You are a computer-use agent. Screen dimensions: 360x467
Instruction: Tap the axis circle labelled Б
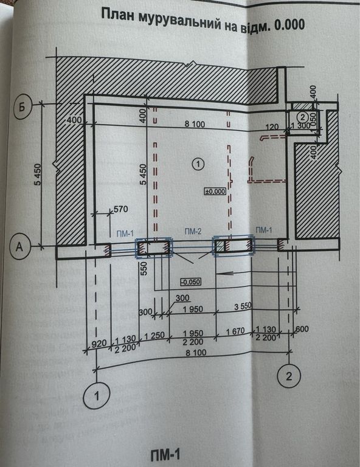pos(22,108)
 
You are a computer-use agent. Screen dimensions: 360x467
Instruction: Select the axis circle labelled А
pos(19,246)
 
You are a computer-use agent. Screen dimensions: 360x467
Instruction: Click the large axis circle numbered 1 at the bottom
pos(97,396)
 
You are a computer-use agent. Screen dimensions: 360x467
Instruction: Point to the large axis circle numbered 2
pos(288,376)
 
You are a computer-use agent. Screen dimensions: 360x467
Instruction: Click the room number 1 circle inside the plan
pos(198,164)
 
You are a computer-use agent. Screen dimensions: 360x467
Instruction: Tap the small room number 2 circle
pos(303,116)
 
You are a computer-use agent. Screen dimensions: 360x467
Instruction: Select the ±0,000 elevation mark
pos(215,191)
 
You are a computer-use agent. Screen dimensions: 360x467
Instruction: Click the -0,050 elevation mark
pos(190,282)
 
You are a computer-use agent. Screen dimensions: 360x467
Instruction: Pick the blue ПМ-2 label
pos(193,231)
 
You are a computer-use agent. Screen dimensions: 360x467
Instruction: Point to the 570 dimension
pos(121,209)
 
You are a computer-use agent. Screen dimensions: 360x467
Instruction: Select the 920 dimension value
pos(99,343)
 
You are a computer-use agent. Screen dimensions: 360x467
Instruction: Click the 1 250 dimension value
pos(154,336)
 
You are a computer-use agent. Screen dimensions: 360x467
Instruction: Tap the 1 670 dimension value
pos(235,331)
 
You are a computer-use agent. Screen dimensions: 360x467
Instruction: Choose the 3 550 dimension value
pos(243,306)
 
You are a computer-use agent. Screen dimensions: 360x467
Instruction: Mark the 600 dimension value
pos(302,329)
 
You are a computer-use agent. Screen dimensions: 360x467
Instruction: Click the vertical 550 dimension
pos(144,268)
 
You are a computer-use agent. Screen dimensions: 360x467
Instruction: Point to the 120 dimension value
pos(272,127)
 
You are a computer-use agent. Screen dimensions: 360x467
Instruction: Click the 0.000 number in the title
pos(290,25)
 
